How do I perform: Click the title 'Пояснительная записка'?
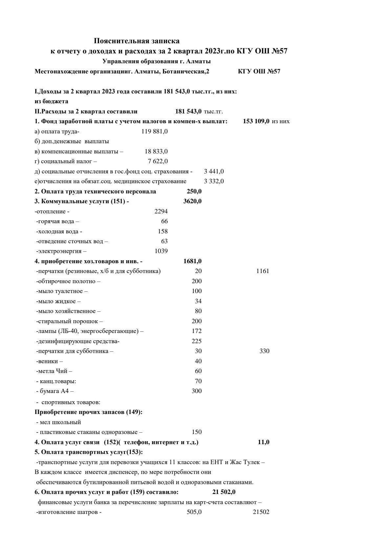[x=137, y=41]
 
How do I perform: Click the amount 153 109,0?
[x=256, y=121]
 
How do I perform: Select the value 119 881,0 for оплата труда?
[x=154, y=131]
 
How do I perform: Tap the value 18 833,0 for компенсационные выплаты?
[x=156, y=151]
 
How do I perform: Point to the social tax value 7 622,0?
[x=158, y=161]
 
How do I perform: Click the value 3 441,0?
[x=214, y=171]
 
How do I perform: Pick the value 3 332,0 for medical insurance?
[x=214, y=181]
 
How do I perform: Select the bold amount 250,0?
[x=194, y=191]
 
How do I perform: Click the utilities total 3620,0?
[x=192, y=201]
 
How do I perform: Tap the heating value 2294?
[x=161, y=211]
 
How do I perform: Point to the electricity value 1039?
[x=161, y=251]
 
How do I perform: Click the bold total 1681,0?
[x=192, y=261]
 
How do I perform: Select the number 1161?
[x=262, y=271]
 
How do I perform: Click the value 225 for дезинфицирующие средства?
[x=196, y=341]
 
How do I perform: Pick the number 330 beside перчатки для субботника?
[x=264, y=351]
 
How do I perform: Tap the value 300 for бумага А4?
[x=196, y=391]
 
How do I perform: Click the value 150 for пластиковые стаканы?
[x=196, y=432]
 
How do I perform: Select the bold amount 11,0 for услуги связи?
[x=264, y=442]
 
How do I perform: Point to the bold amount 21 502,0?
[x=224, y=492]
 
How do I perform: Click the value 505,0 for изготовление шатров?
[x=194, y=512]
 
